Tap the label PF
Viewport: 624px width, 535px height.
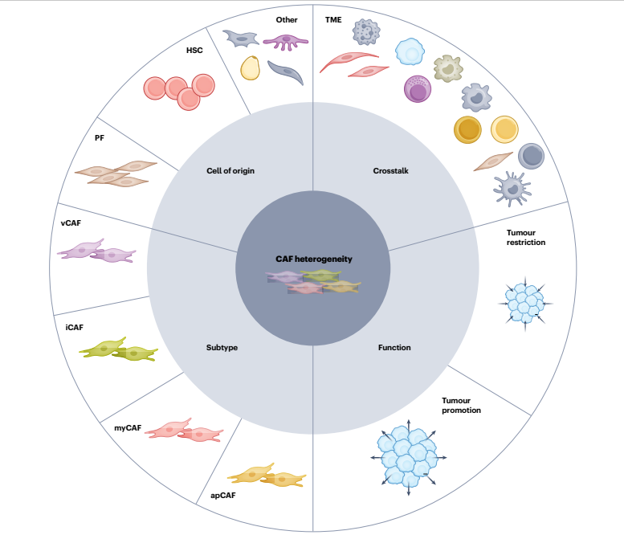100,137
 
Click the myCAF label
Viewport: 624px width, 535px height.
128,427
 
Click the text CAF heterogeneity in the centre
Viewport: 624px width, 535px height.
314,259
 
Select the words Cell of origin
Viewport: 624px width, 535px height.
230,170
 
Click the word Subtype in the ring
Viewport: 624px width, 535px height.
222,348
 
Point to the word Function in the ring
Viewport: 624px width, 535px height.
394,348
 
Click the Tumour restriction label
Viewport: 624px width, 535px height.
525,236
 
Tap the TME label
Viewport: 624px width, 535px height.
333,18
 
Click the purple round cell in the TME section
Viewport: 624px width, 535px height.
418,88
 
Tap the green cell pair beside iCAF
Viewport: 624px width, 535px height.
119,349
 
